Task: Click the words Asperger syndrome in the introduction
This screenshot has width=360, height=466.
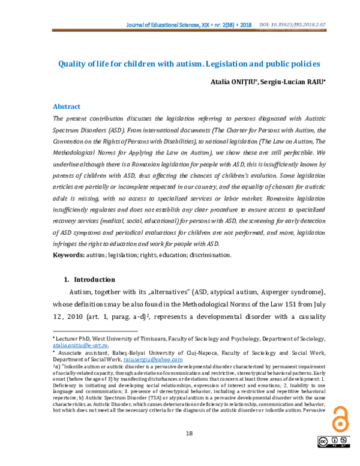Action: pos(291,292)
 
